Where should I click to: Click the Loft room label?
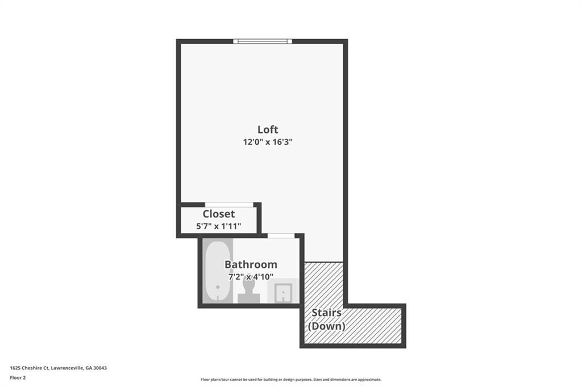click(268, 129)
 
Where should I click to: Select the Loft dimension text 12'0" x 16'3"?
click(268, 142)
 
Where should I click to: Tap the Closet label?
click(219, 214)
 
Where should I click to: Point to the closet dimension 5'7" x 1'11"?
click(219, 226)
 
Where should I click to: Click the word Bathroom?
click(251, 264)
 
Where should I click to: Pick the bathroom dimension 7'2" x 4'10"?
click(251, 276)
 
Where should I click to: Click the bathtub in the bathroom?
click(218, 271)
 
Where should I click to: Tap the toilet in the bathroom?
click(249, 290)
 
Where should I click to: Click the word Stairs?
click(327, 313)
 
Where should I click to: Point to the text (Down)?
click(327, 326)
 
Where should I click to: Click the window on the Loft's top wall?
click(263, 41)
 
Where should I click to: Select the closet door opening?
click(230, 205)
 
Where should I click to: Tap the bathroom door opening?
click(281, 235)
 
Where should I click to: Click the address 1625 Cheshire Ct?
click(30, 368)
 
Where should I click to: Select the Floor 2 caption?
click(18, 378)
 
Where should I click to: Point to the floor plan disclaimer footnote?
click(291, 380)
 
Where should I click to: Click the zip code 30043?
click(100, 368)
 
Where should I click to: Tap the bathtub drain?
click(218, 287)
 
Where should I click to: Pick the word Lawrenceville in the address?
click(67, 368)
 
